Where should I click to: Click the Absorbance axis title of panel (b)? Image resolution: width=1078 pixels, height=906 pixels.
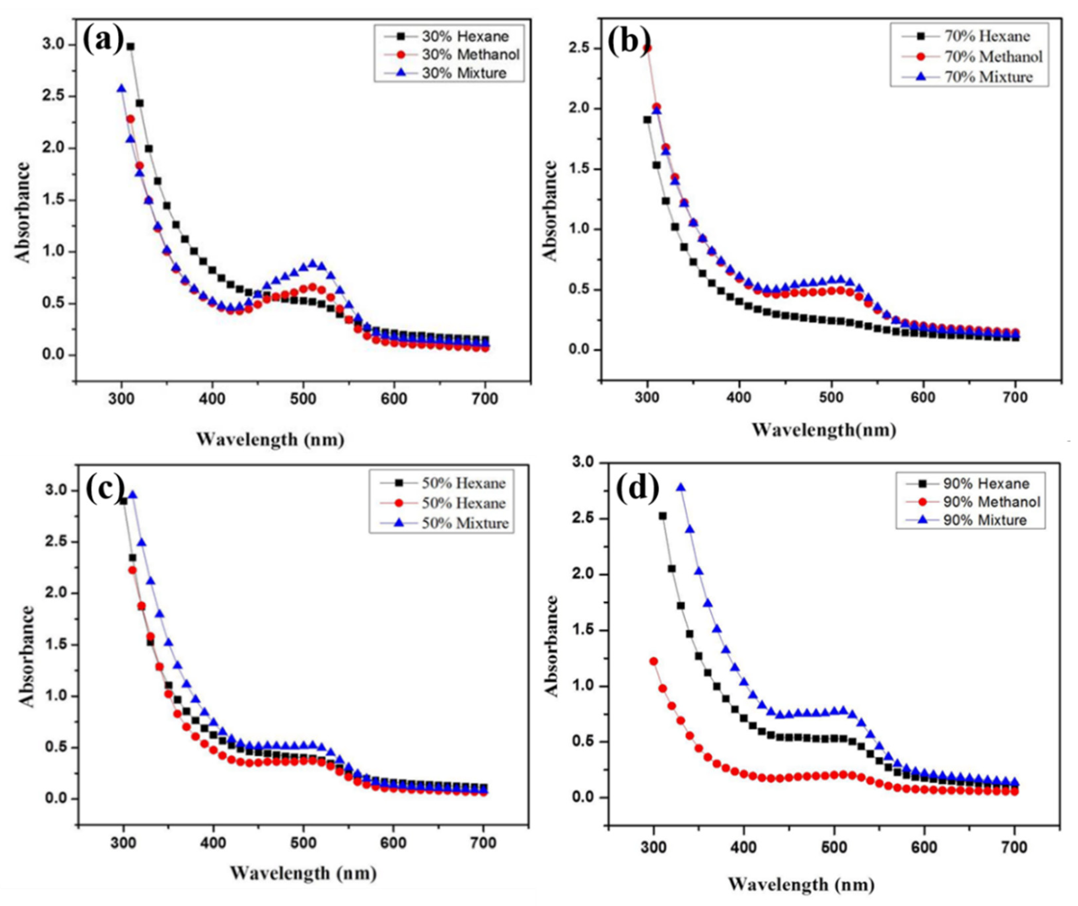point(550,211)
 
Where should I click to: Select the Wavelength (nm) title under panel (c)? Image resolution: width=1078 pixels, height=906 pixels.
point(303,873)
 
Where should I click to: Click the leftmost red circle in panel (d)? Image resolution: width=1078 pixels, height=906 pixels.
point(654,661)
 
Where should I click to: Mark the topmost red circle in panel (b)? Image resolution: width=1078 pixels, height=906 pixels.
point(647,48)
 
